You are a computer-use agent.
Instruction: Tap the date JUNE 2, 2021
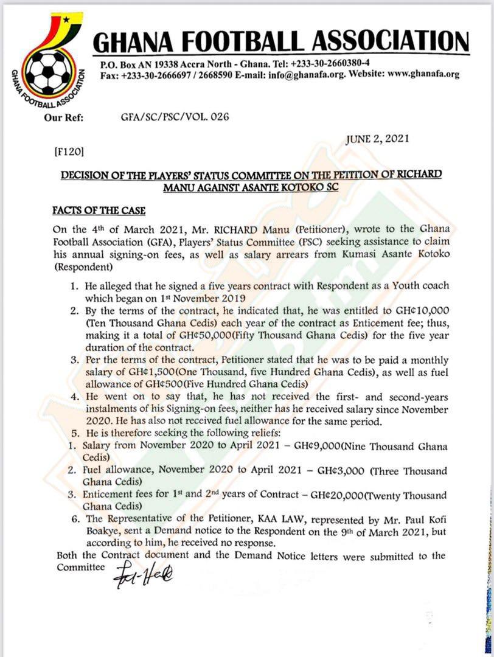tap(377, 139)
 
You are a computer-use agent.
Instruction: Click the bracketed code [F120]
tap(69, 150)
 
